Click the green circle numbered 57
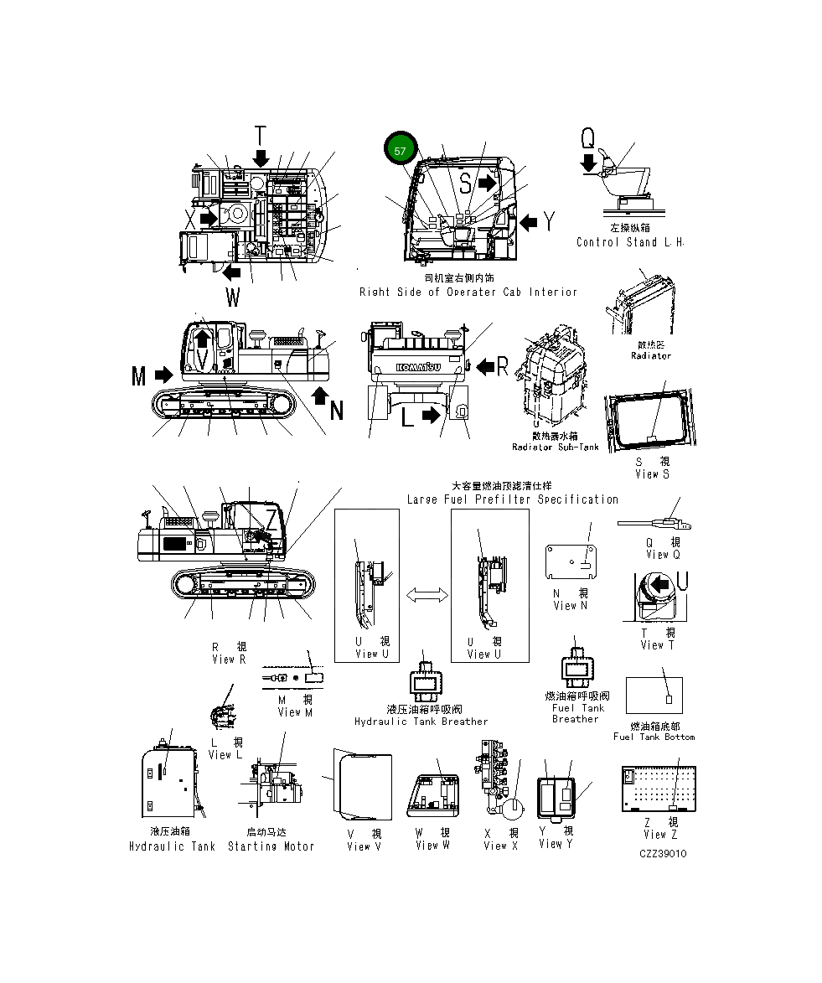pos(400,151)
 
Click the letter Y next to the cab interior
pos(550,221)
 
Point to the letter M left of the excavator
pos(139,376)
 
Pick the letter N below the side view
pos(336,411)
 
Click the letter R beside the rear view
pos(502,365)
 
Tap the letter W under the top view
pos(232,297)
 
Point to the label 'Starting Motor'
pos(271,846)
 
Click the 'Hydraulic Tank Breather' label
pos(421,722)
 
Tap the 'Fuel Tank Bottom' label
pos(654,737)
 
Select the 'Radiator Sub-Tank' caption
pos(555,448)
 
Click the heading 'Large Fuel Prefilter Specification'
pos(512,499)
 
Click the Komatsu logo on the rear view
pos(416,367)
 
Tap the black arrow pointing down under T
pos(261,158)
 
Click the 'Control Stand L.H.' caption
pos(629,242)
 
